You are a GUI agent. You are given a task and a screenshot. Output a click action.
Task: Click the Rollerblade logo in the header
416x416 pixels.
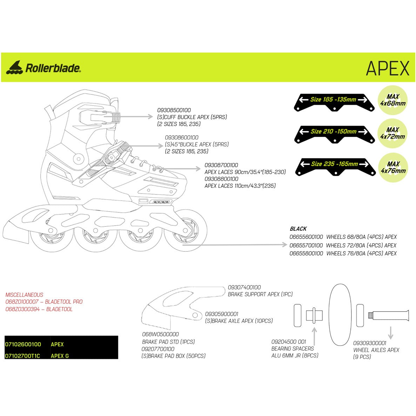43,67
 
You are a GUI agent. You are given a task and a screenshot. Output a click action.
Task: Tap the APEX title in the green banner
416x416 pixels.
388,68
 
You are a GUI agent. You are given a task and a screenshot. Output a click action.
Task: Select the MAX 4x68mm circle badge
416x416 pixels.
392,100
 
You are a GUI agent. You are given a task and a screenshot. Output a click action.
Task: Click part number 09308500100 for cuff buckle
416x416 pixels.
174,110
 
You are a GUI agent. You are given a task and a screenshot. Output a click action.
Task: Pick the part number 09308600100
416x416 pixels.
182,137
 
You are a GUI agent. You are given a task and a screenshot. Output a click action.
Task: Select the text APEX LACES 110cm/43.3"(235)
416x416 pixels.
240,186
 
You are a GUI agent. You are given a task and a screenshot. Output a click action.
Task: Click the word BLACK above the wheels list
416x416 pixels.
298,229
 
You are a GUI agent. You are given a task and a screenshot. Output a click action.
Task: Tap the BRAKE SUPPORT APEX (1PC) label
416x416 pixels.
260,294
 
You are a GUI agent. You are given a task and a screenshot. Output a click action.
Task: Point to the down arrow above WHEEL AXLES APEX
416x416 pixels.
391,333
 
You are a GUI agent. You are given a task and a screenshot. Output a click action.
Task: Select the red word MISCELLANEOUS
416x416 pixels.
25,295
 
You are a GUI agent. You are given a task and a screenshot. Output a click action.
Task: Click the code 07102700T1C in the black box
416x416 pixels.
23,356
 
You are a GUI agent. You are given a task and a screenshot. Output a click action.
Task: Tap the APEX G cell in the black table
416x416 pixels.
60,356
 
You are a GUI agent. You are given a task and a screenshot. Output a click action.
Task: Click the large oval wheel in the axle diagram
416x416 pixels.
340,314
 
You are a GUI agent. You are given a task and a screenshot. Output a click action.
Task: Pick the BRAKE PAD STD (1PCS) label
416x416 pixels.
168,342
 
